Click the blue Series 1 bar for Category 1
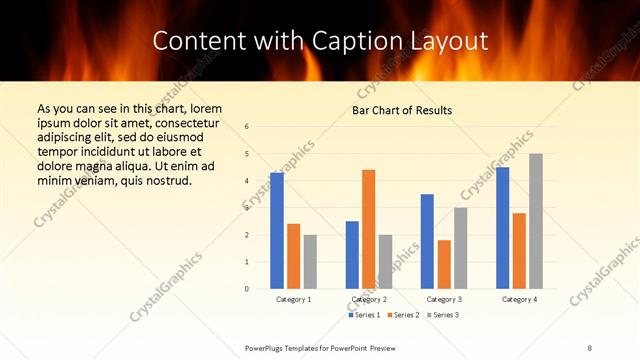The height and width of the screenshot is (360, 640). point(276,231)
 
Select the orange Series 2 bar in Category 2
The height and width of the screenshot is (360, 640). point(368,229)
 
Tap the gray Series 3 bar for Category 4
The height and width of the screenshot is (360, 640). point(536,221)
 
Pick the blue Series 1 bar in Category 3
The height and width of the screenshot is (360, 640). point(427,241)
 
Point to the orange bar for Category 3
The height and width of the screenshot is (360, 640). point(444,264)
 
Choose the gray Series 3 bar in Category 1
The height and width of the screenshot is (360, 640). point(310,262)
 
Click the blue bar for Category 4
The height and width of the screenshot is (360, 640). point(502,228)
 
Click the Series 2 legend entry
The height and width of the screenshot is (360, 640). point(402,316)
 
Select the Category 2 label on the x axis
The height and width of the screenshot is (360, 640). point(369,299)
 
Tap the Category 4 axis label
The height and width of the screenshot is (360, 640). point(519,299)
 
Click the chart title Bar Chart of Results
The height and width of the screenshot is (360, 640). point(402,110)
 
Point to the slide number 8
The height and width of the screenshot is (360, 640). point(590,347)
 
